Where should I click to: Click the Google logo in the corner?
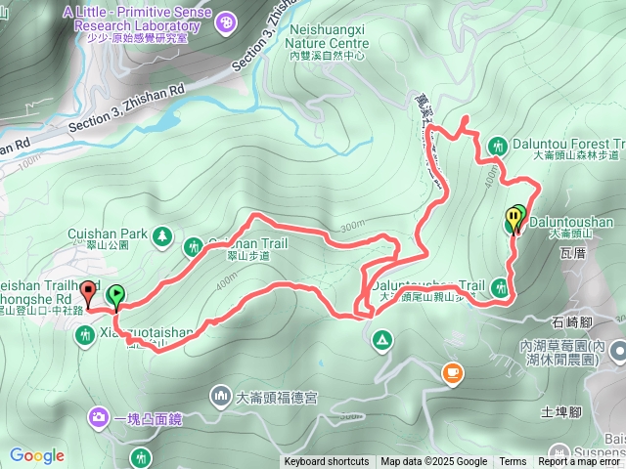pos(37,455)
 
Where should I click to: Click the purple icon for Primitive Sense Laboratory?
pos(226,20)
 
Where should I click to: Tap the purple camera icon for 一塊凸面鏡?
pos(99,418)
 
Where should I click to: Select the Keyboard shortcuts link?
pos(327,462)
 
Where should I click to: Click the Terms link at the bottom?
pos(513,462)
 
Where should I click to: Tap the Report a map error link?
pos(580,462)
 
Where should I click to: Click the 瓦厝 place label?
pos(573,251)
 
